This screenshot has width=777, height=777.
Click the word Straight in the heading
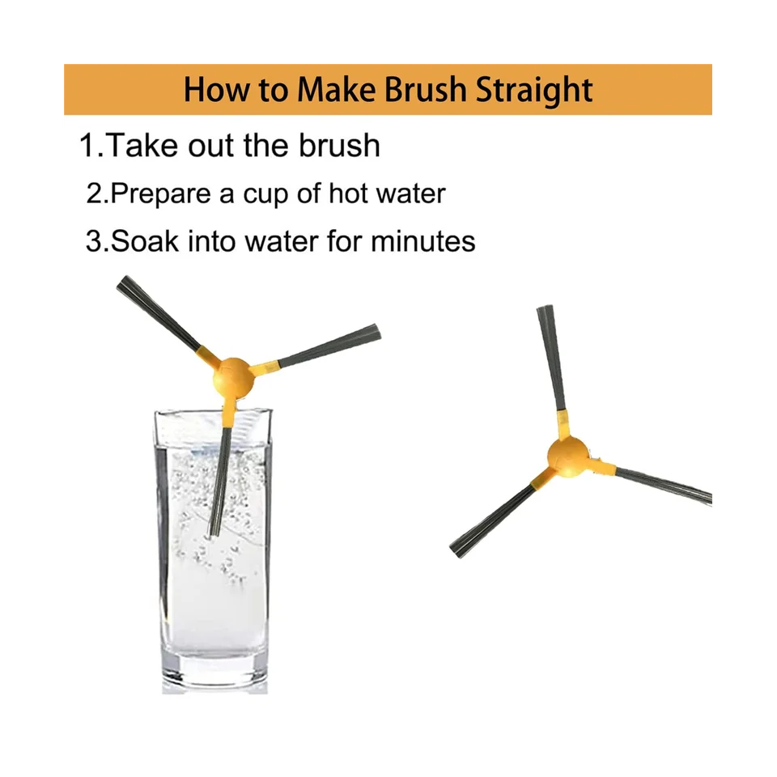[x=533, y=90]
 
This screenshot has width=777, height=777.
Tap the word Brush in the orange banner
[x=426, y=89]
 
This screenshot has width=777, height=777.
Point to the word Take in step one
[x=142, y=146]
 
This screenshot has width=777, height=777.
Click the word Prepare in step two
[x=160, y=194]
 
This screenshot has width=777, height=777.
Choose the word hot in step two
[x=348, y=193]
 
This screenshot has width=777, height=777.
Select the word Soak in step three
[x=144, y=241]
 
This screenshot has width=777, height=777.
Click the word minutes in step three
[x=422, y=241]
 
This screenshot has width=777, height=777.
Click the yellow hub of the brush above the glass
[x=233, y=379]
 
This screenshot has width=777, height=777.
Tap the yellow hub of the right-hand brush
[x=568, y=456]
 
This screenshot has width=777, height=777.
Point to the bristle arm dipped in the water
[x=219, y=482]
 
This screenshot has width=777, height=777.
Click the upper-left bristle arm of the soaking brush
[x=159, y=313]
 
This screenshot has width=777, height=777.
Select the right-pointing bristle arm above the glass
[x=329, y=346]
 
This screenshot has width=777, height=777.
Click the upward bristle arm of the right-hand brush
[x=551, y=358]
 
